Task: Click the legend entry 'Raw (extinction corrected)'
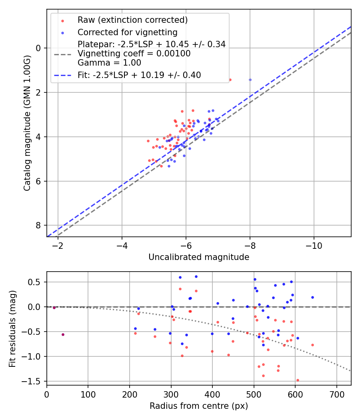[132, 20]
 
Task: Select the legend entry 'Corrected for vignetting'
[127, 32]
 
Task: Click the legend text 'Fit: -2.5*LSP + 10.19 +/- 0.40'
[139, 75]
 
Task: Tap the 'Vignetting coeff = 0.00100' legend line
[134, 53]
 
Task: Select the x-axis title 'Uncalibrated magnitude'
[199, 257]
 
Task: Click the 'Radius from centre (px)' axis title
[199, 406]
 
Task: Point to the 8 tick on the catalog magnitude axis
[39, 225]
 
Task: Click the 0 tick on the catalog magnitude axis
[39, 48]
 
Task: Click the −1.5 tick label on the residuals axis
[34, 381]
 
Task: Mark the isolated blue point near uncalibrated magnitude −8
[250, 80]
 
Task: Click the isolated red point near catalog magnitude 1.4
[230, 80]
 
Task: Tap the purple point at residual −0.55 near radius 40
[63, 334]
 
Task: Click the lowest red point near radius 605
[298, 380]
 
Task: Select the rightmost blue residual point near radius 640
[312, 297]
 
